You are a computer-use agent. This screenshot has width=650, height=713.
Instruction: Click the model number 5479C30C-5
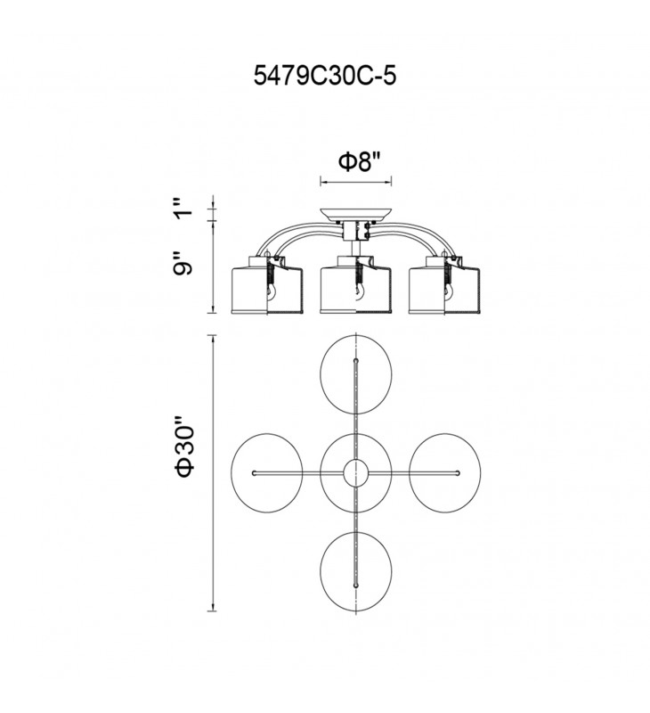pos(325,76)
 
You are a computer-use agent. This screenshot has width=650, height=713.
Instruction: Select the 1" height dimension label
pos(183,208)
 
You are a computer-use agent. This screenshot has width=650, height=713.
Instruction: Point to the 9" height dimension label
pos(183,264)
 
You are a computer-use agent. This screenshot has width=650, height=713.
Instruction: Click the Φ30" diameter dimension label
pos(185,446)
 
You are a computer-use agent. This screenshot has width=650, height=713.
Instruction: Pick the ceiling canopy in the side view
pos(356,215)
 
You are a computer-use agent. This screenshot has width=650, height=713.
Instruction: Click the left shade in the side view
pos(267,285)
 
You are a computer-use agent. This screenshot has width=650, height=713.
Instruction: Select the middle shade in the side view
pos(355,285)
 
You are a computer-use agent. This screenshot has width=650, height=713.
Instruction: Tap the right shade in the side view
pos(444,285)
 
